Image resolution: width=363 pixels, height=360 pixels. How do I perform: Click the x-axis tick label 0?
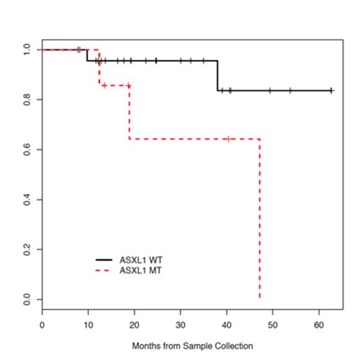click(42, 325)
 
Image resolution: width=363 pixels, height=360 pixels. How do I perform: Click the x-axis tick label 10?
click(88, 325)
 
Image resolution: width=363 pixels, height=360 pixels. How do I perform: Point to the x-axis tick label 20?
click(134, 325)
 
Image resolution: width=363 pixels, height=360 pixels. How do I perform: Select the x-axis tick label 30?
click(180, 325)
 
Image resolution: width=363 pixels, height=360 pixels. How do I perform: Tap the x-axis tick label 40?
click(226, 325)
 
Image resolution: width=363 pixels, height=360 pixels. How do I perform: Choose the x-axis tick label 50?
click(273, 325)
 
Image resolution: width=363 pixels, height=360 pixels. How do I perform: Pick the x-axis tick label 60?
click(319, 325)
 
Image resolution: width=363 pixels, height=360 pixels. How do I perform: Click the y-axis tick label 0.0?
click(27, 299)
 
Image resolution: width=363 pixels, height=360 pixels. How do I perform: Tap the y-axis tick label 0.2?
click(27, 249)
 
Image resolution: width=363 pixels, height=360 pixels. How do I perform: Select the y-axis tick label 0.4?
click(27, 200)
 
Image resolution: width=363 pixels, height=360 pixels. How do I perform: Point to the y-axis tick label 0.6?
click(27, 149)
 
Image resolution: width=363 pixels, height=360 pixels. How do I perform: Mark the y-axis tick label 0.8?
click(27, 100)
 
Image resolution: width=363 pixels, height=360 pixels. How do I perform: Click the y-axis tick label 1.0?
click(27, 50)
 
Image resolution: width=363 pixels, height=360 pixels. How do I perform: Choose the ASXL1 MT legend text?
click(142, 269)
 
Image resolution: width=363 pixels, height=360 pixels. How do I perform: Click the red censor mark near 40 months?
click(228, 139)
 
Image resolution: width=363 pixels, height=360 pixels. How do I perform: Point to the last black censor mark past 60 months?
click(331, 90)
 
